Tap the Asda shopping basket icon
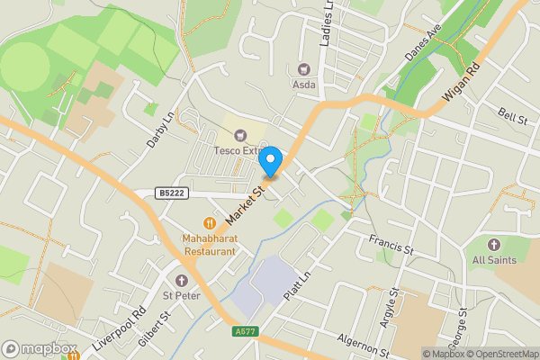(303, 67)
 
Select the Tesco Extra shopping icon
(238, 135)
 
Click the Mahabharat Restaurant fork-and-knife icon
(210, 222)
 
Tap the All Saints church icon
(493, 245)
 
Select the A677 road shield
(245, 332)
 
